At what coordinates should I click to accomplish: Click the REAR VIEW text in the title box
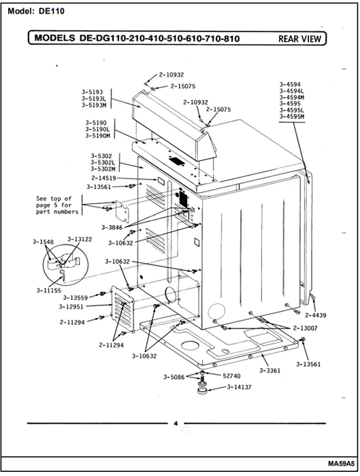[x=299, y=39]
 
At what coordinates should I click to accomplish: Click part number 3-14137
[x=239, y=387]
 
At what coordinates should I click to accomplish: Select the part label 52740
[x=231, y=376]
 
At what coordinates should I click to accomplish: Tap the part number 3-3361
[x=269, y=371]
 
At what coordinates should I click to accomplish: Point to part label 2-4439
[x=316, y=315]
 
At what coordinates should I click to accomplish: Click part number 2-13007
[x=306, y=328]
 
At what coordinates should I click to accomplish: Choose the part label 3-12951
[x=71, y=307]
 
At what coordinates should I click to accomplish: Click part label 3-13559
[x=76, y=298]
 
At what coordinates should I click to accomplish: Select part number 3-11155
[x=49, y=290]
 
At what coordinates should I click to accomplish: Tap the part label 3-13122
[x=80, y=239]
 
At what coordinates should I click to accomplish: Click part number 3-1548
[x=43, y=242]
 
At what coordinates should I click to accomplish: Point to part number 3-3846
[x=112, y=228]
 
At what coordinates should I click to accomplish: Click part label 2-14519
[x=103, y=178]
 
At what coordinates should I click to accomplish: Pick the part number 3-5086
[x=174, y=377]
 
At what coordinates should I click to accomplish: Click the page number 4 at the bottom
[x=176, y=424]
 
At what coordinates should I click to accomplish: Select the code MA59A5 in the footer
[x=341, y=464]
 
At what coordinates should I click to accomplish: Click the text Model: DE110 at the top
[x=36, y=12]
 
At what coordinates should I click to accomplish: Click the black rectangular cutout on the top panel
[x=177, y=161]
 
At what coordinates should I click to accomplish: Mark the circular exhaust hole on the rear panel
[x=171, y=295]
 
